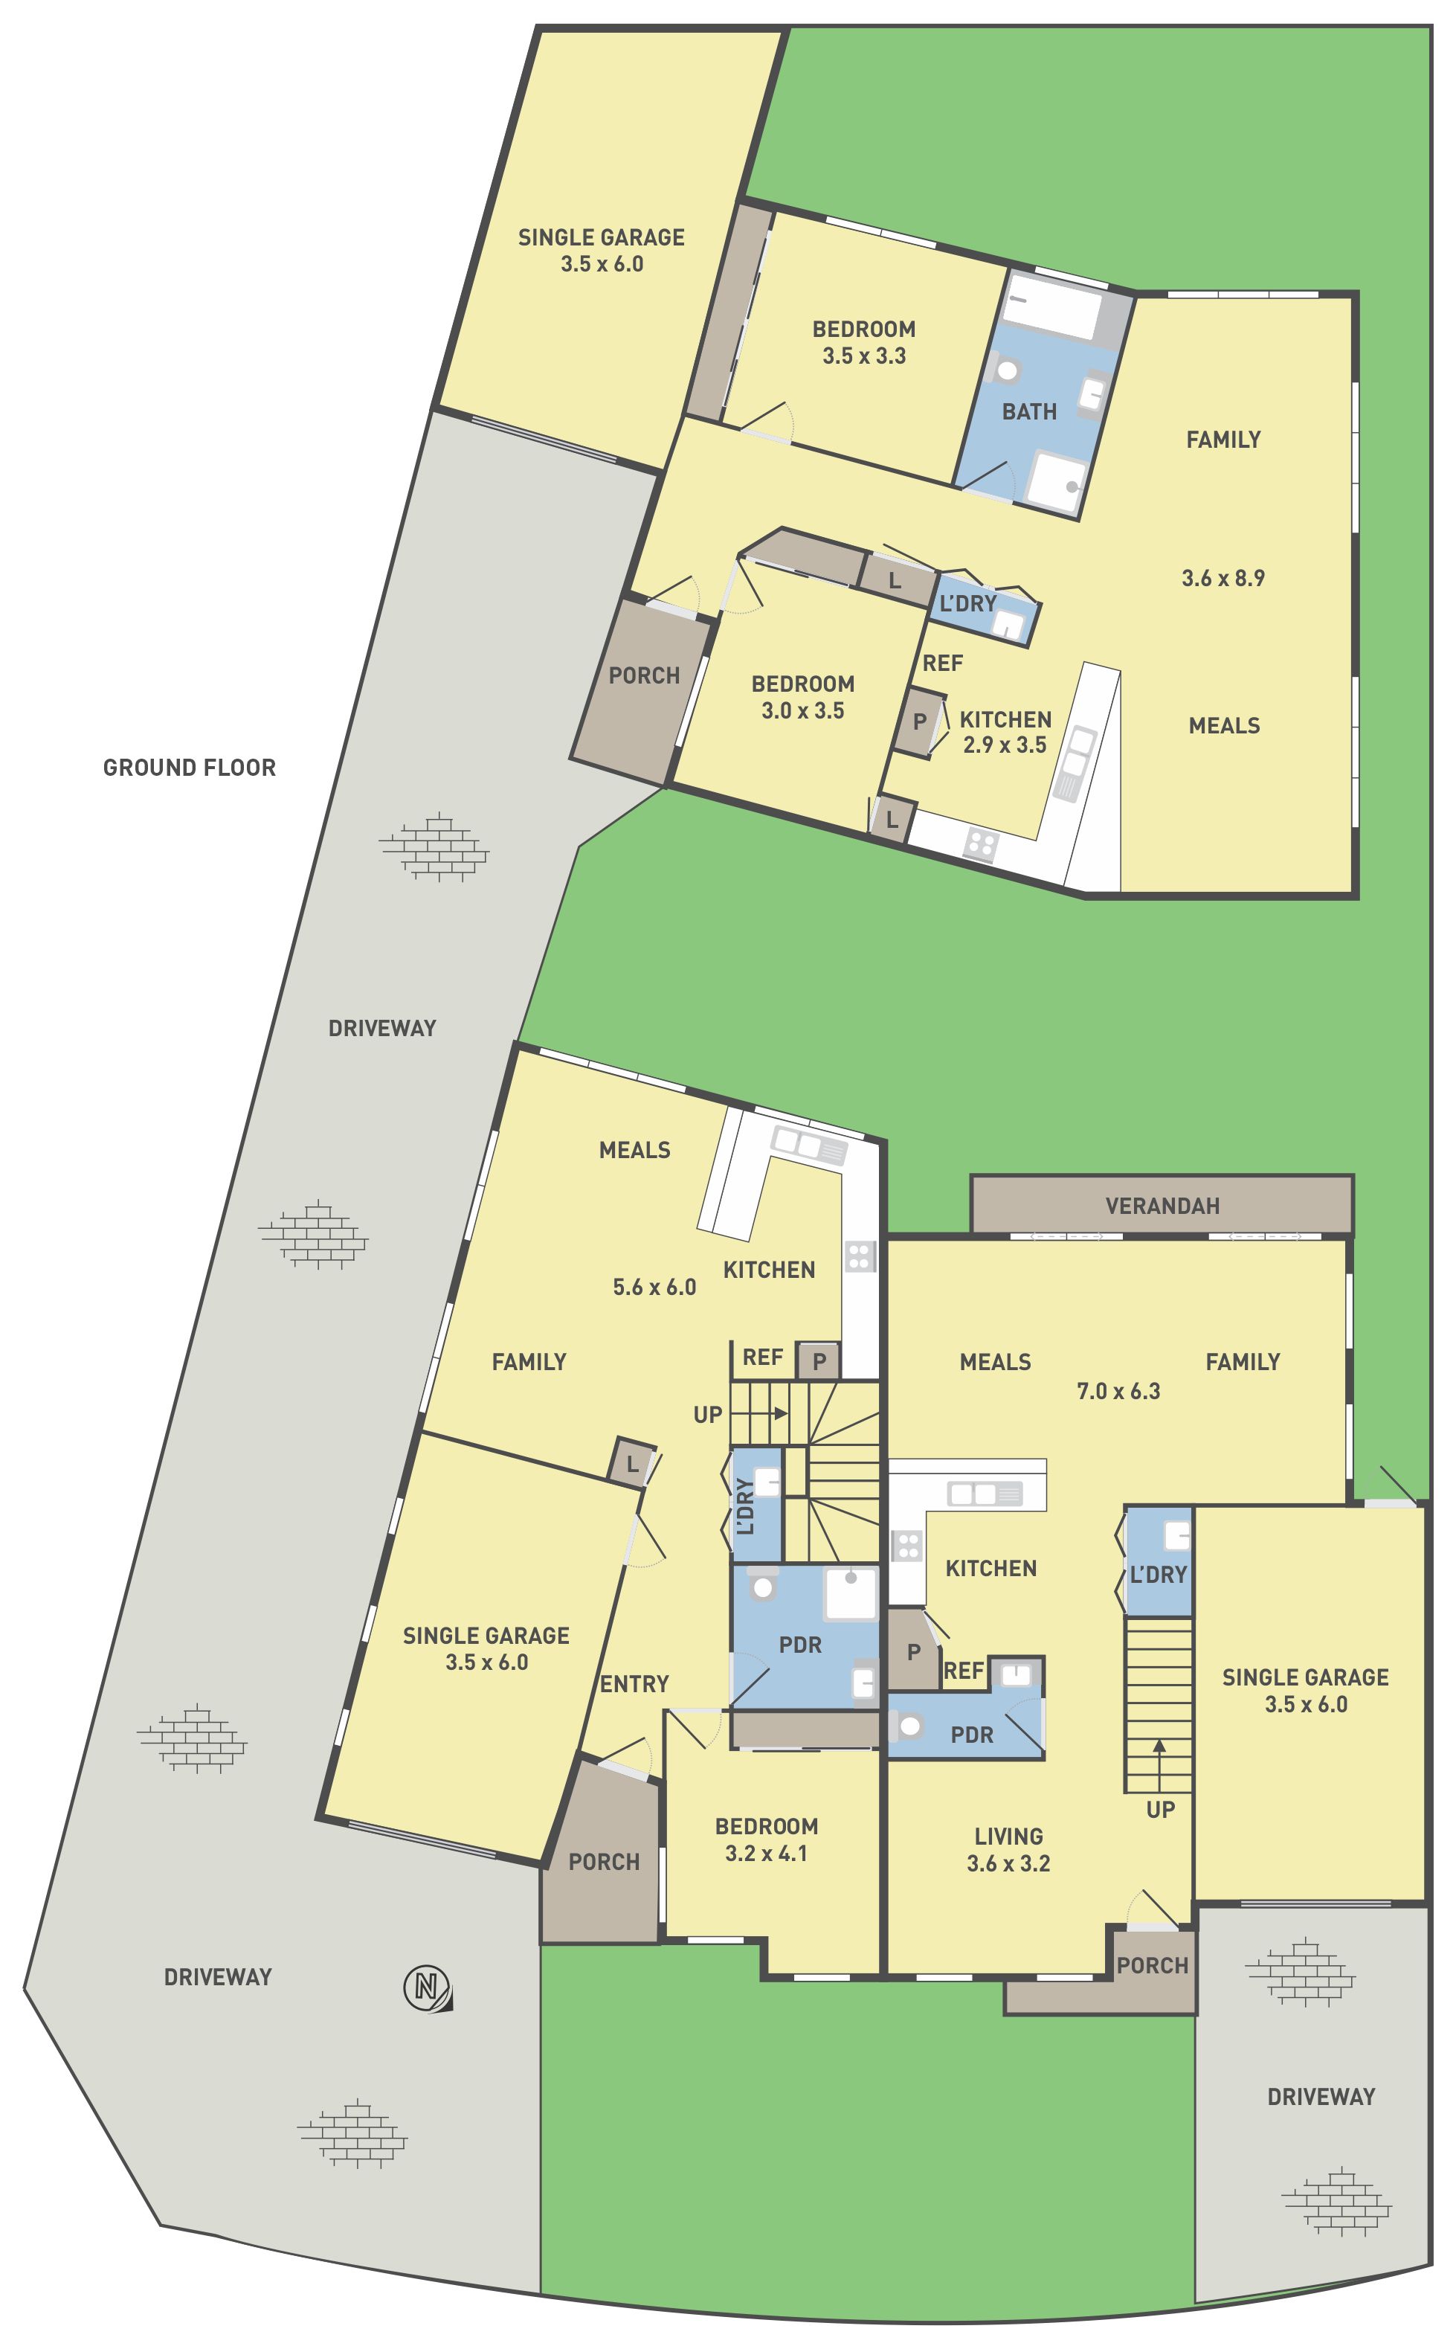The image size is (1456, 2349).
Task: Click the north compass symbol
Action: [x=427, y=1987]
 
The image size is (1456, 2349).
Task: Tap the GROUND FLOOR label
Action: [x=190, y=768]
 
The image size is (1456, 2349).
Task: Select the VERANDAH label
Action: [x=1162, y=1206]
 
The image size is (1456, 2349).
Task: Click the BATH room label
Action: [x=1029, y=411]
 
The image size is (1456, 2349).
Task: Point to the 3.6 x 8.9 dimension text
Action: [x=1223, y=578]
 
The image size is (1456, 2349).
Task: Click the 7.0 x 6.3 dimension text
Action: [x=1118, y=1391]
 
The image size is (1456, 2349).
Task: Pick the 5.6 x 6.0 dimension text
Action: [x=655, y=1287]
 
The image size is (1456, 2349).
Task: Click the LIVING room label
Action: [x=1008, y=1837]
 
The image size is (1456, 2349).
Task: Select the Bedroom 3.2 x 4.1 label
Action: [x=767, y=1839]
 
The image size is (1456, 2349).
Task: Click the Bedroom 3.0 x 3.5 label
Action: [x=803, y=697]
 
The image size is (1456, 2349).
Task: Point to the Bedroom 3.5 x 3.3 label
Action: [x=864, y=342]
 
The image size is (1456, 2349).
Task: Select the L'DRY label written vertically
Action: [x=745, y=1507]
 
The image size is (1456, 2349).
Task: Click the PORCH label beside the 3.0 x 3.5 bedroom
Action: [x=644, y=676]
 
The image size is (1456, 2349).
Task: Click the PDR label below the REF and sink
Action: [x=972, y=1735]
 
